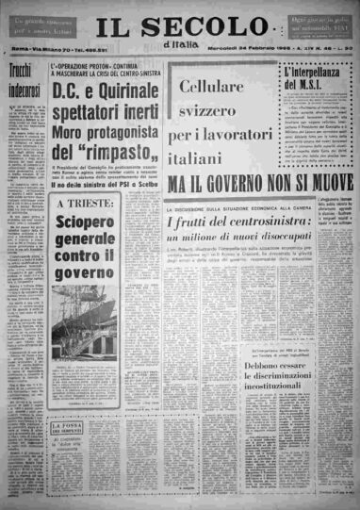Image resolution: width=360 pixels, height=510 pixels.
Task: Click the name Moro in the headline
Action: (71, 129)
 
